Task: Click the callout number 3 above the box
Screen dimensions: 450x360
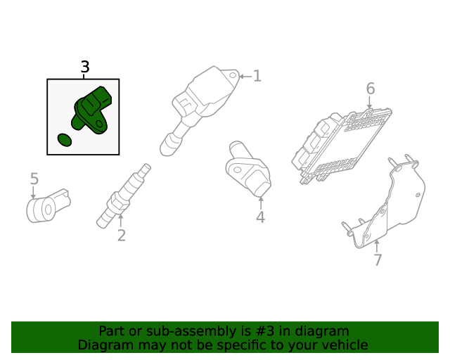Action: (x=85, y=67)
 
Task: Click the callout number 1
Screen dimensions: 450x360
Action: (x=257, y=76)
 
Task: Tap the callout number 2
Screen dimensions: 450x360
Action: (x=122, y=235)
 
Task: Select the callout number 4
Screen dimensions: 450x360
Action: (x=260, y=217)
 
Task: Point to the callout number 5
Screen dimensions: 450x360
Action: (x=34, y=179)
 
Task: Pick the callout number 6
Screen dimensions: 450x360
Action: (x=371, y=89)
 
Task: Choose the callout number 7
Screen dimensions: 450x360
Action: (x=378, y=260)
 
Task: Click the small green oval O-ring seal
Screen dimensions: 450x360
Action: (x=65, y=140)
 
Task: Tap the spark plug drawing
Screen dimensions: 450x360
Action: (x=124, y=195)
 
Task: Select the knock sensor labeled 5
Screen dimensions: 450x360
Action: (x=49, y=205)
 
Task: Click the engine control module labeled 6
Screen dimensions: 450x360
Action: (x=342, y=146)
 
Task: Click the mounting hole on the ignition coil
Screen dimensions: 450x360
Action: (x=233, y=76)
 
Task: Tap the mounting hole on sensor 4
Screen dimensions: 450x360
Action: (x=238, y=169)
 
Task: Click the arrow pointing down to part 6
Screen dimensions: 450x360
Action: (x=369, y=103)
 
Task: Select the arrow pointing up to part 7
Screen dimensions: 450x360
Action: (x=377, y=247)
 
